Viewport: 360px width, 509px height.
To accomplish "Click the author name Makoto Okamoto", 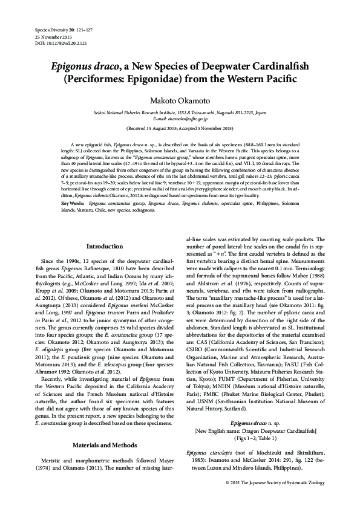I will click(x=180, y=102).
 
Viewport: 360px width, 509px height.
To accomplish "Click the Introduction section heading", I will click(x=104, y=247).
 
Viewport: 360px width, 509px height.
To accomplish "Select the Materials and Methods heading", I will click(x=104, y=412).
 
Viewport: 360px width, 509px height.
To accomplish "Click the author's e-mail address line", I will click(x=180, y=120).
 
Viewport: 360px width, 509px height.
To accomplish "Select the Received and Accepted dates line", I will click(x=180, y=129).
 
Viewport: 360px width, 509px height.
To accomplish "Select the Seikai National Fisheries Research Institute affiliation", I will click(x=180, y=113).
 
